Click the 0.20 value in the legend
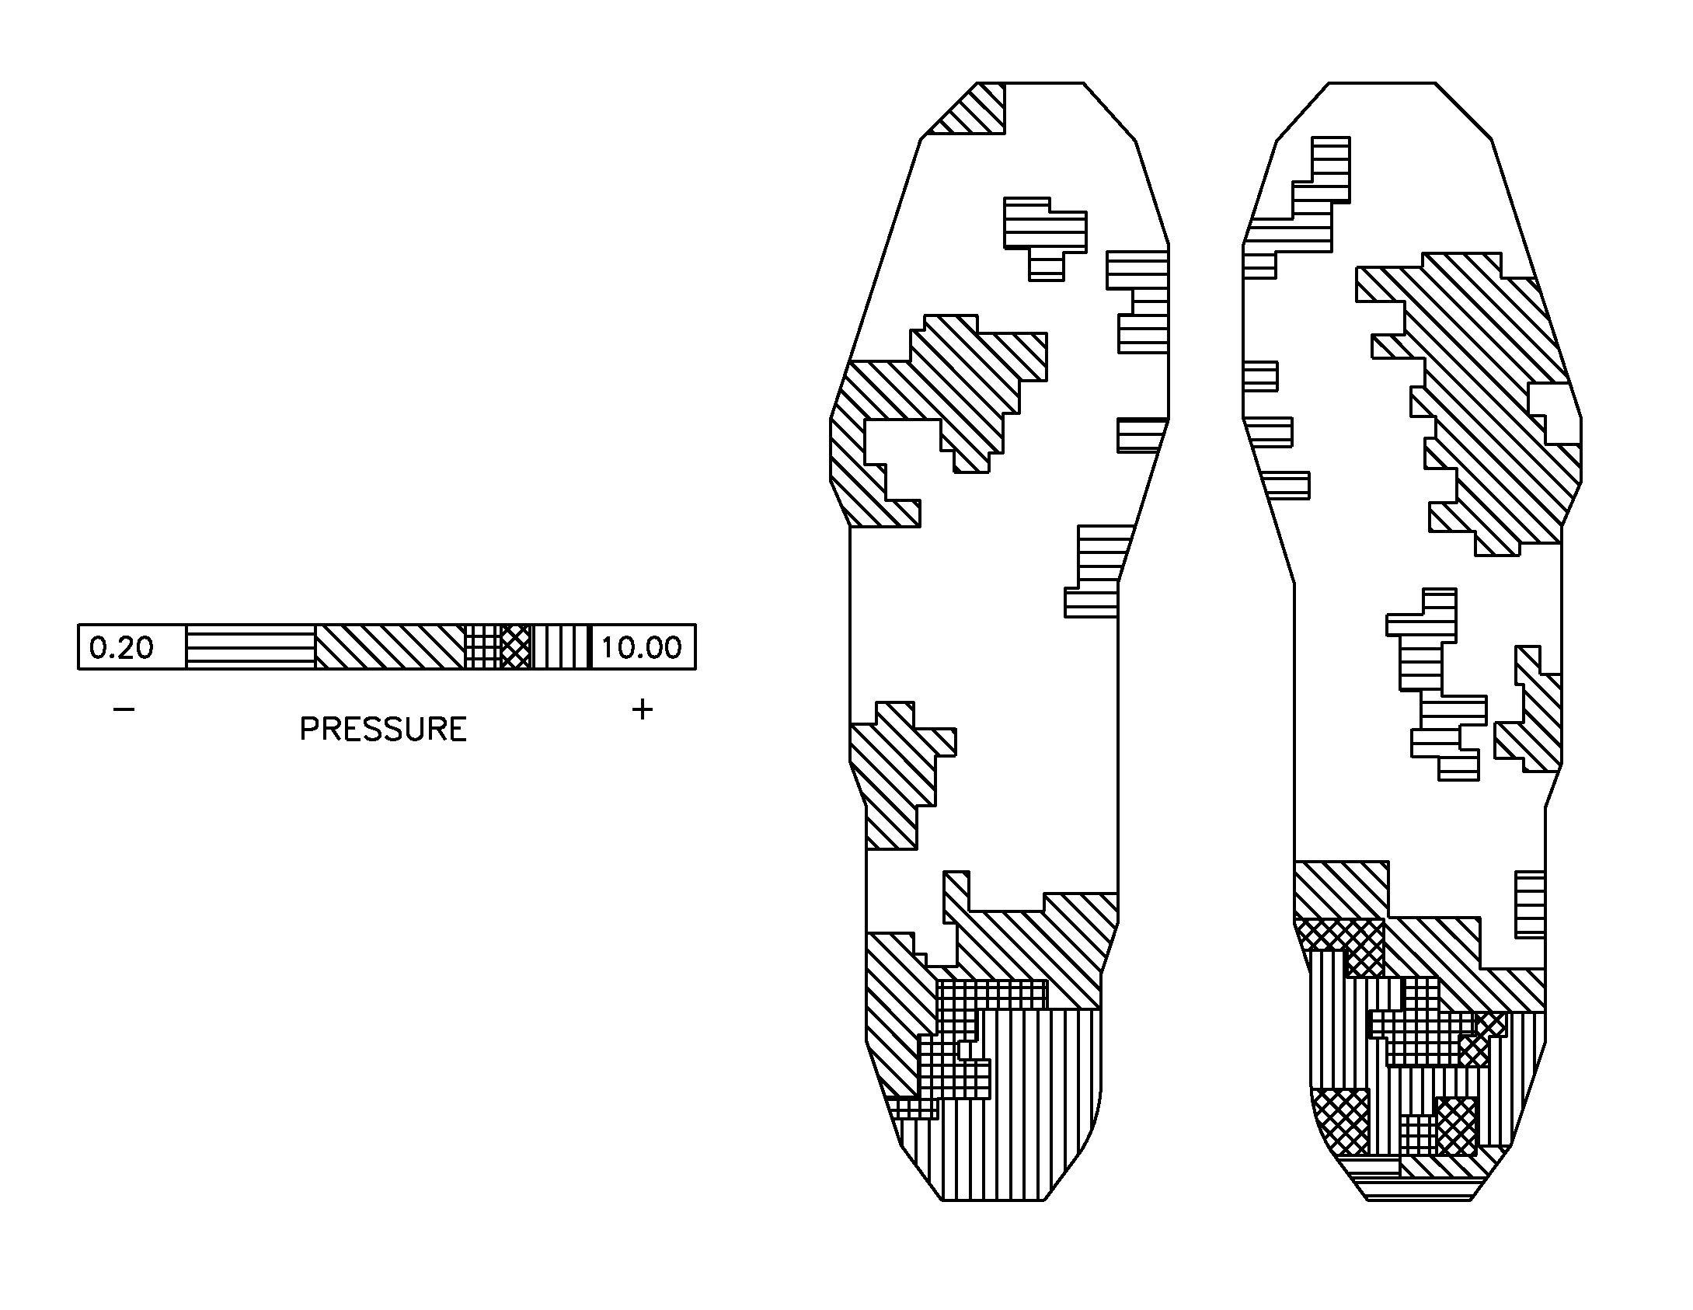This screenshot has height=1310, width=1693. (122, 647)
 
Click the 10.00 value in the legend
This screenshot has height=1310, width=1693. (641, 647)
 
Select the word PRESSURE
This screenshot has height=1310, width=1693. (383, 730)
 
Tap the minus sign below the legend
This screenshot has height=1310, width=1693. (124, 709)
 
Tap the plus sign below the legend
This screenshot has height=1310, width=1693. (642, 709)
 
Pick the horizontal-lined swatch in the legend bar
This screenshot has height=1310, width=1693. (250, 646)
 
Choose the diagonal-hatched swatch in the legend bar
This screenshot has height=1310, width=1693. (388, 646)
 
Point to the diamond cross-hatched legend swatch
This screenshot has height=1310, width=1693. (516, 646)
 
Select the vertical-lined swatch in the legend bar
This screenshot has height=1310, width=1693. (561, 646)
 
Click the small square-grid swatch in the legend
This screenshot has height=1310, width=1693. (482, 646)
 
